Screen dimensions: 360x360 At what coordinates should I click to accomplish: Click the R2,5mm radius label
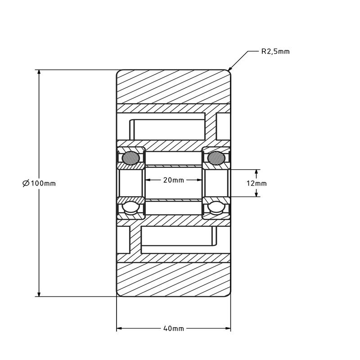click(x=275, y=52)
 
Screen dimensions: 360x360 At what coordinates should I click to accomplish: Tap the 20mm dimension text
click(x=173, y=180)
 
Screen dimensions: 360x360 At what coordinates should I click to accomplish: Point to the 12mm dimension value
click(x=257, y=184)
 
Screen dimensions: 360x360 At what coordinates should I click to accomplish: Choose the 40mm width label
click(x=173, y=328)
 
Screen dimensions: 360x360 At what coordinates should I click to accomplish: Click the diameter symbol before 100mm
click(x=26, y=183)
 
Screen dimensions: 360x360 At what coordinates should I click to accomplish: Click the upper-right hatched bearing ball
click(x=216, y=157)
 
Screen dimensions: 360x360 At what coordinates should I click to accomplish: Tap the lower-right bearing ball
click(x=216, y=207)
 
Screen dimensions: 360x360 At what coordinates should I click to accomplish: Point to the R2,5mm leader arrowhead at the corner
click(x=231, y=70)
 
